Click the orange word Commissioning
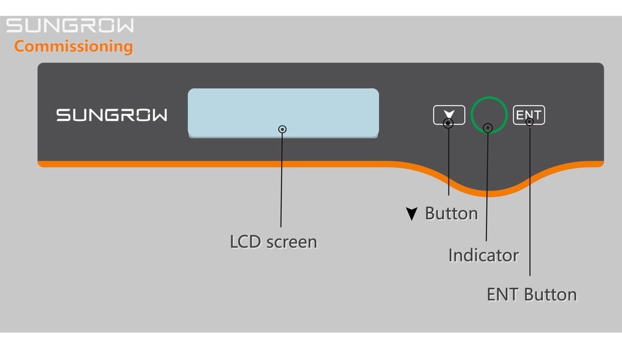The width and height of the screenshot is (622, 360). coord(73,46)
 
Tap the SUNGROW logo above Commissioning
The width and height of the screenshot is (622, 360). coord(70,25)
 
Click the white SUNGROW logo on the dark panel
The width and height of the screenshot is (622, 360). coord(112,115)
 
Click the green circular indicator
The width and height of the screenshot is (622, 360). coord(488,104)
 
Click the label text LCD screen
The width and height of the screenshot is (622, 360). coord(273,242)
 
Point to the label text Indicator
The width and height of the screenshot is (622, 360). coord(484,255)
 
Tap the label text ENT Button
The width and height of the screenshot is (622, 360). coord(531,294)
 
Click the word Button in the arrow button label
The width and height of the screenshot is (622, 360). coord(451,214)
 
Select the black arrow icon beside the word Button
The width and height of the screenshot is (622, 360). coord(412,214)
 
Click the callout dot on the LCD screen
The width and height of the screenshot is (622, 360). coord(282,129)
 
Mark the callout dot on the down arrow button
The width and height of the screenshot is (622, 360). coord(448,123)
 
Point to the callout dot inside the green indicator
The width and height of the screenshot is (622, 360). coord(488,127)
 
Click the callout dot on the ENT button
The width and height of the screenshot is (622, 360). coord(530,122)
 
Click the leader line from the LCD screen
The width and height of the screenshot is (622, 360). coord(281,182)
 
